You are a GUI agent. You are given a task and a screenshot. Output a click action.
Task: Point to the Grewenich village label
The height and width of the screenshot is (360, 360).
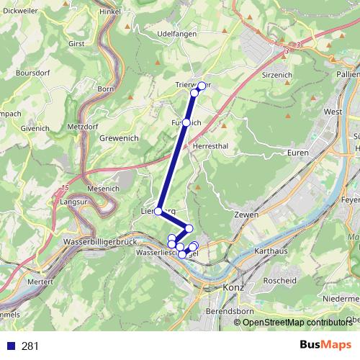click(x=120, y=137)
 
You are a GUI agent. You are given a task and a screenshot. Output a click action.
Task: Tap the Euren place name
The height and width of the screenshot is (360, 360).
click(x=297, y=153)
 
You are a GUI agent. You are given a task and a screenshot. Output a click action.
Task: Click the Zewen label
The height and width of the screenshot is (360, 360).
click(x=246, y=215)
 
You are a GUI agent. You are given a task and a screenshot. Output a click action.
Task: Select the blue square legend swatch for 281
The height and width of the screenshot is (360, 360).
click(x=10, y=346)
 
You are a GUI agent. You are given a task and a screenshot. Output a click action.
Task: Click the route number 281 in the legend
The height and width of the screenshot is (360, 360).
click(x=30, y=346)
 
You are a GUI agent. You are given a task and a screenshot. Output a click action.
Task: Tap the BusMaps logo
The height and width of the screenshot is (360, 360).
click(x=321, y=345)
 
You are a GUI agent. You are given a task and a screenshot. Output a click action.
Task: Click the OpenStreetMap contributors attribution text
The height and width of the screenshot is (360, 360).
click(x=296, y=322)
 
